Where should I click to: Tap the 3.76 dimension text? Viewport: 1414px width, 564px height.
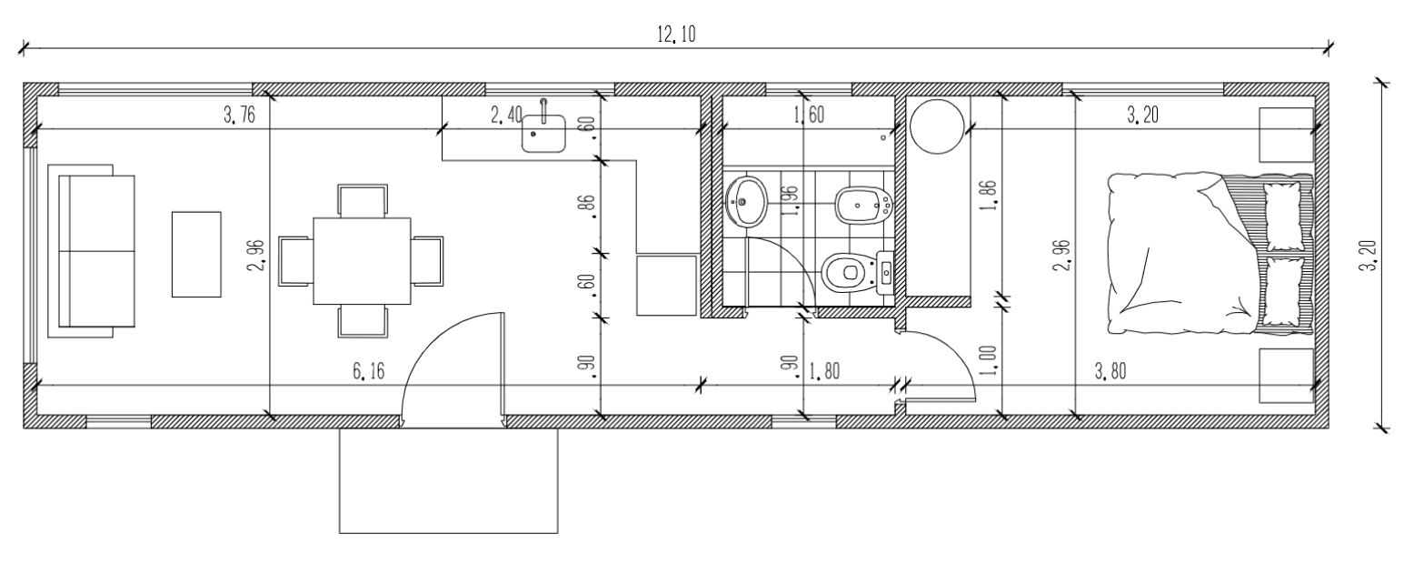(239, 116)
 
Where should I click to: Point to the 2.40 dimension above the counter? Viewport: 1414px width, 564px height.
(507, 116)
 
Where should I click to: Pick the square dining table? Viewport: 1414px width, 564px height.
(362, 260)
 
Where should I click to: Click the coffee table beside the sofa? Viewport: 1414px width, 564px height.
(196, 254)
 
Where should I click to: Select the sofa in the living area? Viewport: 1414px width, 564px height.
(95, 251)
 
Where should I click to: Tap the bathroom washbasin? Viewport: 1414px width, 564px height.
(747, 200)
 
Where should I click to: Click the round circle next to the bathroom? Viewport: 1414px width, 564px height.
(937, 126)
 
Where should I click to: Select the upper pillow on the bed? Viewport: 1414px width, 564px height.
(1284, 216)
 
